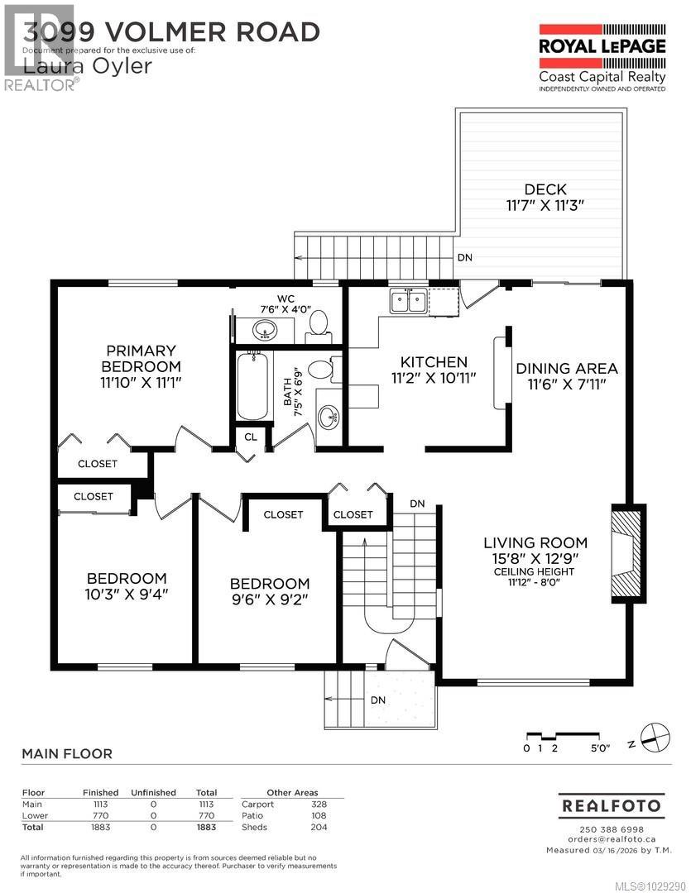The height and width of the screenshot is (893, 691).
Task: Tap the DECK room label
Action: click(x=545, y=189)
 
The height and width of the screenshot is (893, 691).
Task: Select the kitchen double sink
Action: click(x=408, y=301)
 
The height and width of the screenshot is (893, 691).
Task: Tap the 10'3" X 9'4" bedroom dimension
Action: click(x=127, y=595)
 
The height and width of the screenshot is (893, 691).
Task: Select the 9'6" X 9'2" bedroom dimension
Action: click(x=270, y=599)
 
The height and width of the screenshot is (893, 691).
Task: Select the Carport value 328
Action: click(x=319, y=805)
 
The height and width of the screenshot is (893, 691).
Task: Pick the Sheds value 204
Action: click(x=319, y=827)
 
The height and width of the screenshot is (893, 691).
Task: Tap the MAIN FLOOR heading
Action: click(x=66, y=754)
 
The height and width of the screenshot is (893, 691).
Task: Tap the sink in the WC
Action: click(x=265, y=332)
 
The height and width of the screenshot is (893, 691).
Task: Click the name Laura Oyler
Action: click(x=88, y=66)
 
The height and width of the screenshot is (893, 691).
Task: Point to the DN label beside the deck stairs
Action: click(x=465, y=257)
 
